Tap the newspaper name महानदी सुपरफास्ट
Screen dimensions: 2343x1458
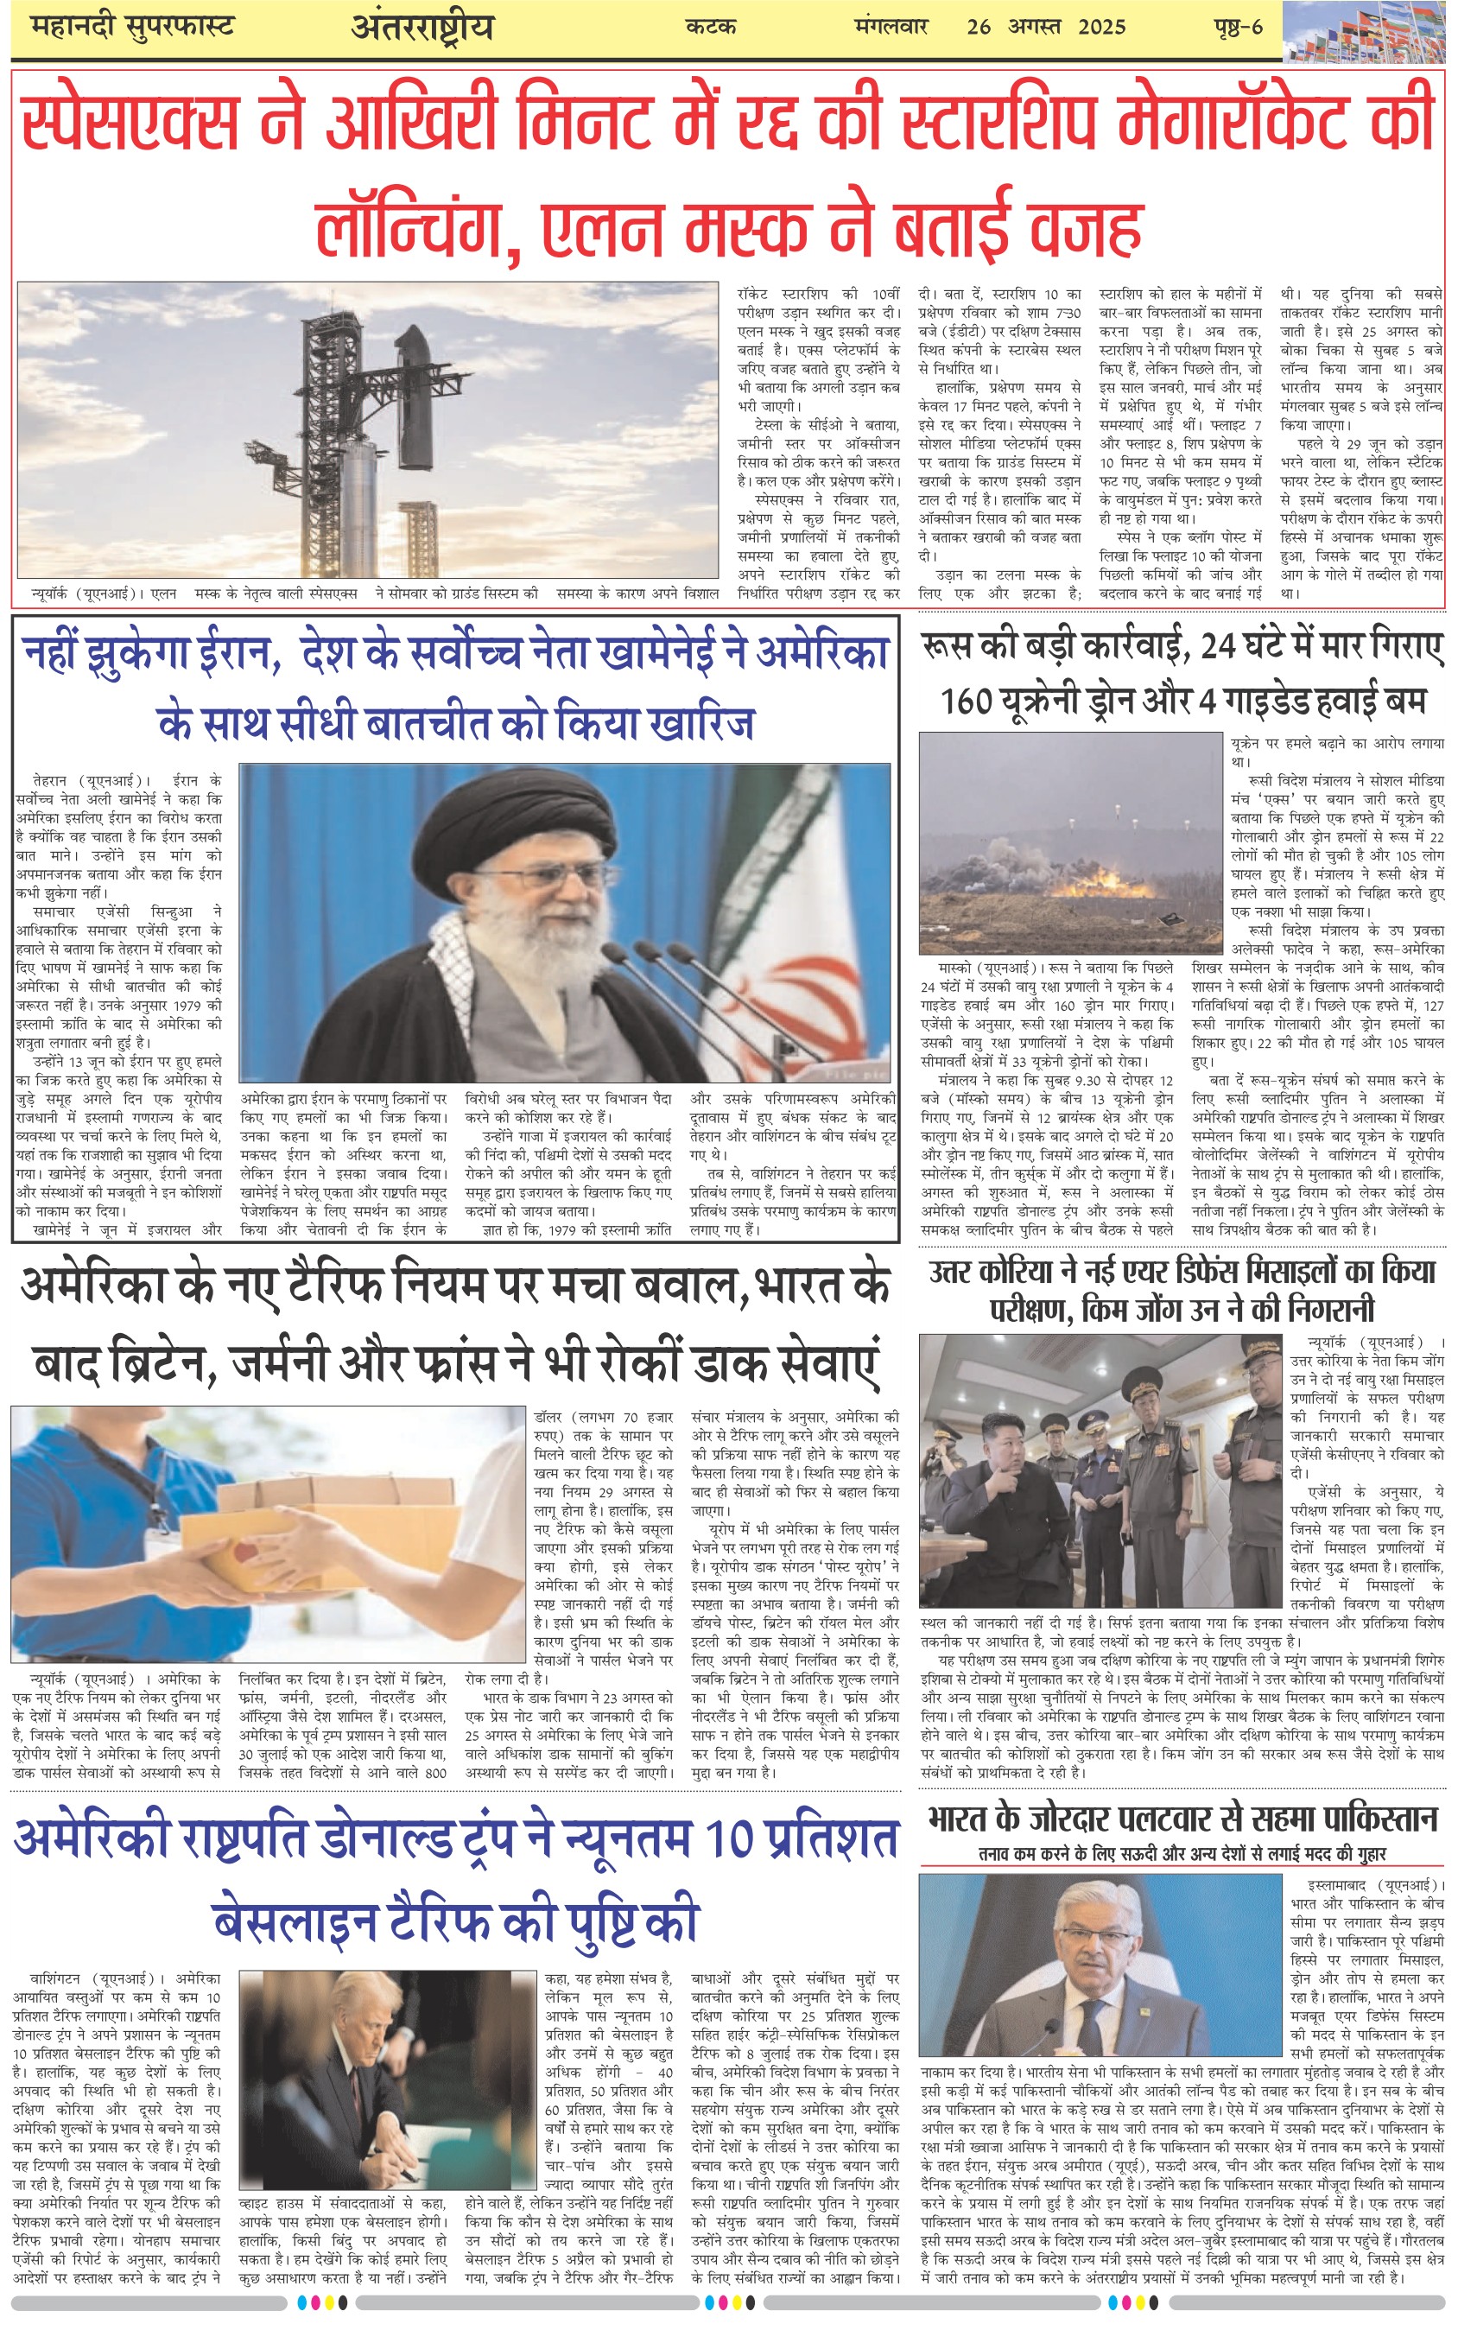(132, 26)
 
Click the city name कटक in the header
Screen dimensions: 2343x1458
(711, 27)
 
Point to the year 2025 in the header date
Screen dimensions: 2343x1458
(1101, 27)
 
